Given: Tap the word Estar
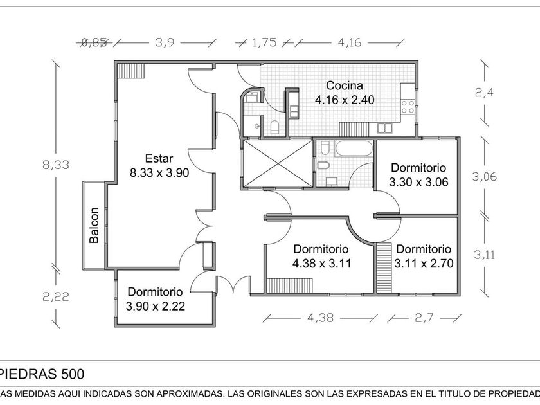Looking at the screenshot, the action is [x=159, y=158].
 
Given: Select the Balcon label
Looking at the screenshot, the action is [x=94, y=225].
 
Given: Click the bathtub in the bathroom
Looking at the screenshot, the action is [x=354, y=148].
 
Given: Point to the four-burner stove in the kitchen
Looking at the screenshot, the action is [x=408, y=107].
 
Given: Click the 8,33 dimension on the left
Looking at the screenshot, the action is [x=56, y=165].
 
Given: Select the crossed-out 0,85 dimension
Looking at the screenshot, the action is [x=94, y=42].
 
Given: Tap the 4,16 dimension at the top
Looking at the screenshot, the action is [x=350, y=42].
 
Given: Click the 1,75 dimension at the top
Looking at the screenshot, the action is [x=264, y=42].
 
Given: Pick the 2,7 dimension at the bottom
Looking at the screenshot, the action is [x=424, y=318].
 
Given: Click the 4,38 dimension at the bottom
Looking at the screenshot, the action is [x=320, y=318].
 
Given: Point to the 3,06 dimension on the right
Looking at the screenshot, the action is [x=484, y=177].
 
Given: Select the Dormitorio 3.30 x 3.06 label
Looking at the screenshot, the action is [x=419, y=175].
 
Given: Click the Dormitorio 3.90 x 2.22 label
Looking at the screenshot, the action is [x=156, y=299].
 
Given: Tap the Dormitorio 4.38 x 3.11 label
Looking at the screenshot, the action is [x=321, y=256].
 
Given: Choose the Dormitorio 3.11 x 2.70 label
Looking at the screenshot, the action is [x=424, y=256].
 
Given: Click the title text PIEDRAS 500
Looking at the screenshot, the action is [x=42, y=374].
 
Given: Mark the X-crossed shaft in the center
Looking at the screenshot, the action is [x=277, y=163].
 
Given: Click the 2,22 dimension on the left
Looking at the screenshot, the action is [x=56, y=296].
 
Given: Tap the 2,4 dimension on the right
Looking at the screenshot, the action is [x=484, y=93].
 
